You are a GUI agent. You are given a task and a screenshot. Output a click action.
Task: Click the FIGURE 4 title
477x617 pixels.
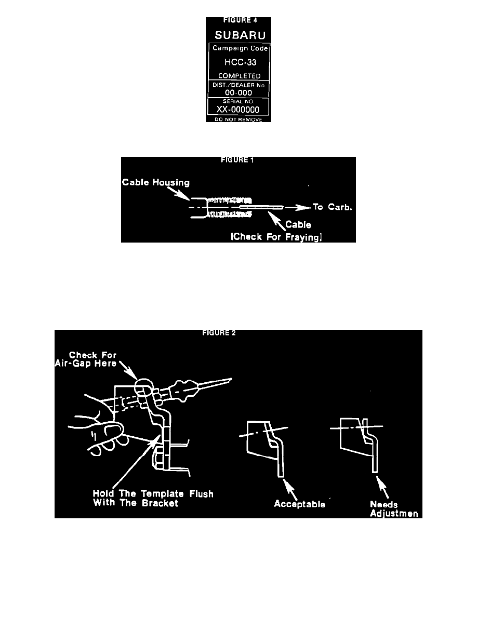click(x=240, y=20)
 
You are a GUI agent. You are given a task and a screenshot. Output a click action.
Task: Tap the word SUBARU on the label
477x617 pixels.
click(x=240, y=35)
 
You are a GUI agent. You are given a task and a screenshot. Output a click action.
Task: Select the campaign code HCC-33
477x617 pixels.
click(x=240, y=62)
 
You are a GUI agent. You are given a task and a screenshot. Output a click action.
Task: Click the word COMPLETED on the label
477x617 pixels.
click(x=240, y=76)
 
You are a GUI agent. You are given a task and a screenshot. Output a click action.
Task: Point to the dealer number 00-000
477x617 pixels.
click(x=239, y=93)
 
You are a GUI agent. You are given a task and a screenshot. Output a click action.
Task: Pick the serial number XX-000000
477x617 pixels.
click(x=238, y=110)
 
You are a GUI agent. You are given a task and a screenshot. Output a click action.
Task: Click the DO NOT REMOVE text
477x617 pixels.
click(x=239, y=119)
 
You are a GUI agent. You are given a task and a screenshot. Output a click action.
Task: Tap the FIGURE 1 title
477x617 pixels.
click(x=237, y=160)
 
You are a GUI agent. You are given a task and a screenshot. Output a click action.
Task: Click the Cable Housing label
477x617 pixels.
click(x=156, y=182)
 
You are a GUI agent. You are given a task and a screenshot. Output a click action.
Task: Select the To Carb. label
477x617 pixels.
click(x=332, y=207)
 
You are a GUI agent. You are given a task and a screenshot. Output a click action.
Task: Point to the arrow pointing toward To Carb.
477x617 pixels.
click(x=298, y=207)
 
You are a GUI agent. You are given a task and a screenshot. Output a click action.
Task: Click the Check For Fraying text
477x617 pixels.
click(x=276, y=237)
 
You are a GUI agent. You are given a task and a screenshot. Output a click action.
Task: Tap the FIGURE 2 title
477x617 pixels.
click(x=219, y=333)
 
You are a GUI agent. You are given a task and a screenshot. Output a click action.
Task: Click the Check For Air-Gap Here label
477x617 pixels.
click(x=86, y=359)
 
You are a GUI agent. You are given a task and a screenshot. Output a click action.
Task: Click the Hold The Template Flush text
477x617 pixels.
click(x=153, y=494)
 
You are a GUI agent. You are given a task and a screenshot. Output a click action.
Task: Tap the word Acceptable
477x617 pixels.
click(x=299, y=504)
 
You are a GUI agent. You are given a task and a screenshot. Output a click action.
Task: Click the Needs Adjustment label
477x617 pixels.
click(x=394, y=509)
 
